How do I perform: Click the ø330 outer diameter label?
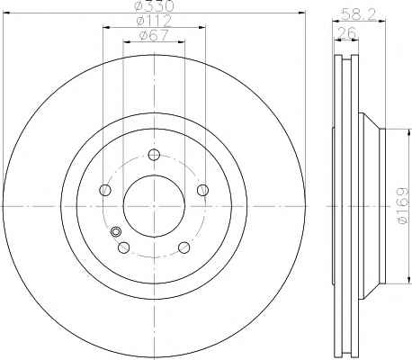pyautogui.click(x=155, y=6)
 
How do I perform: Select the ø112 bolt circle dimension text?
pyautogui.click(x=154, y=21)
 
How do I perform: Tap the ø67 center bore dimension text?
pyautogui.click(x=154, y=35)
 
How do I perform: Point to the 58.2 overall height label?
pyautogui.click(x=359, y=15)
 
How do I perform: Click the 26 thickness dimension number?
pyautogui.click(x=346, y=32)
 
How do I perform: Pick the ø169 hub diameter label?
pyautogui.click(x=403, y=205)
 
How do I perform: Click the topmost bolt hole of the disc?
pyautogui.click(x=154, y=155)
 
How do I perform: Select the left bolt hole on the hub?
pyautogui.click(x=105, y=190)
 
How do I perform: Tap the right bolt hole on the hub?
pyautogui.click(x=203, y=190)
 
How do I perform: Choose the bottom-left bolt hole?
pyautogui.click(x=124, y=247)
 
